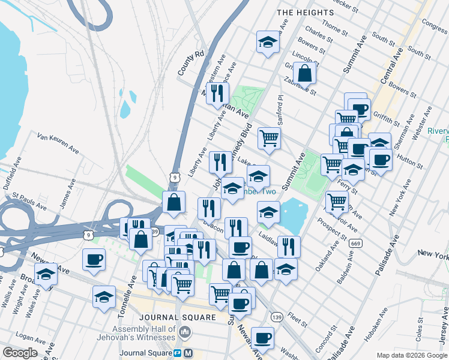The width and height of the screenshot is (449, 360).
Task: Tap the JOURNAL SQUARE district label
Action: [x=176, y=317]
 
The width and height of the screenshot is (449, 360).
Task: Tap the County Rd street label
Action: [x=191, y=63]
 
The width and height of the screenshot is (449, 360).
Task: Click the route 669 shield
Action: [x=355, y=243]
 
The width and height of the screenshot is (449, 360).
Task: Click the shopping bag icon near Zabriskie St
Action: [x=305, y=73]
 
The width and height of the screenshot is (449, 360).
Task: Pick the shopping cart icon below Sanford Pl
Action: [x=270, y=137]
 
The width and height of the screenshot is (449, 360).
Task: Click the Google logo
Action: [x=20, y=353]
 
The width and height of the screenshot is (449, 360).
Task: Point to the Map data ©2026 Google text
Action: [x=412, y=355]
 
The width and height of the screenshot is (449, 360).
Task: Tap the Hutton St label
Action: [x=411, y=158]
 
